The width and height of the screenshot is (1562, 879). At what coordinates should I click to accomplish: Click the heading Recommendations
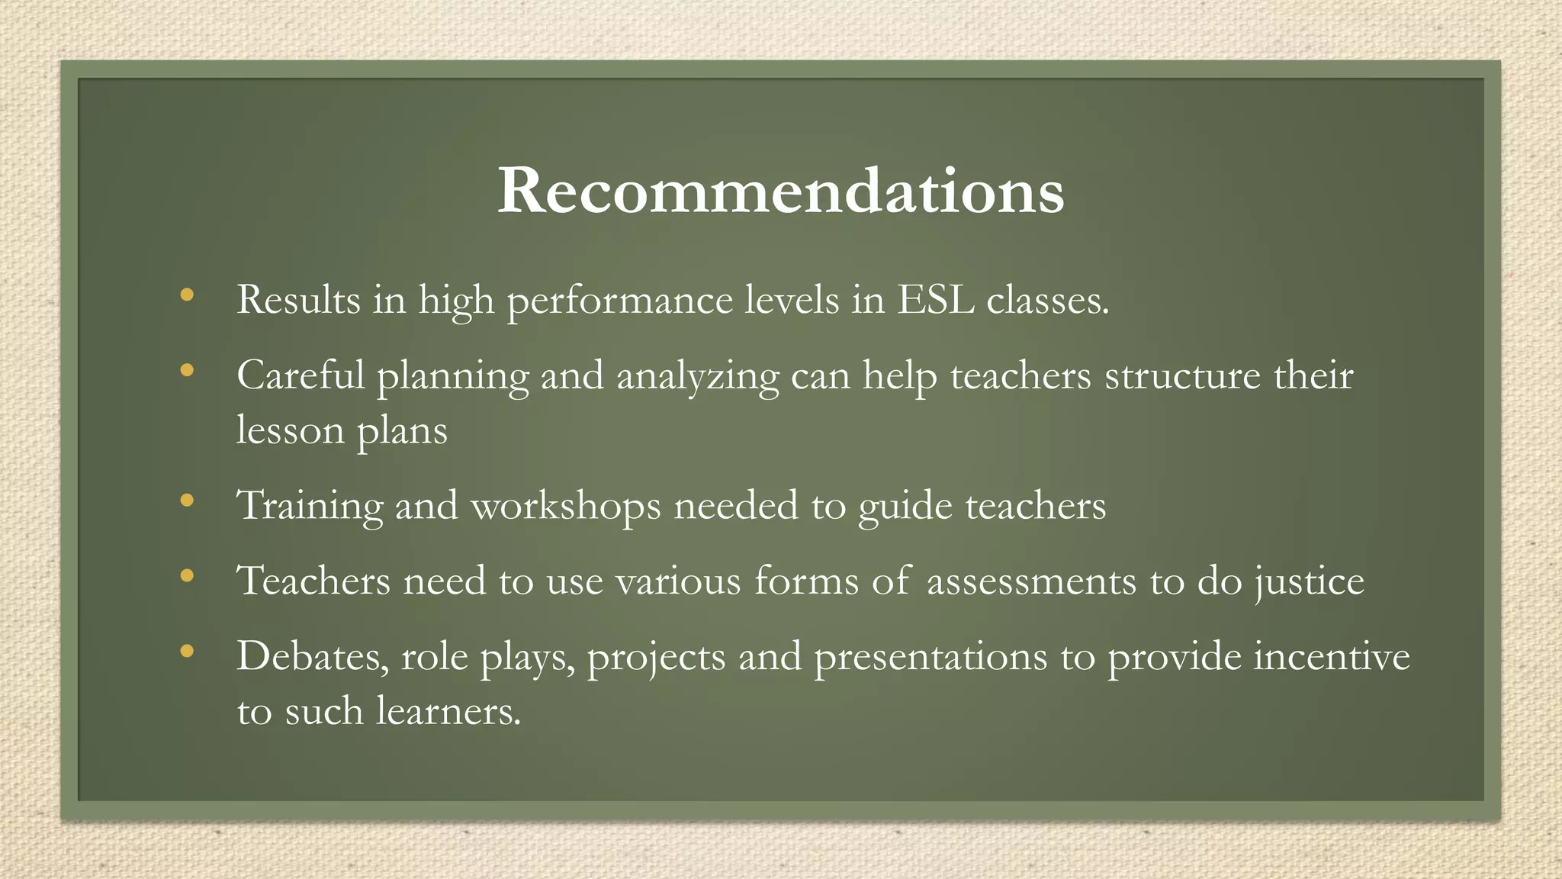[780, 191]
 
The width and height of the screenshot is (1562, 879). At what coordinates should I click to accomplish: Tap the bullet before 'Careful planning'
[187, 371]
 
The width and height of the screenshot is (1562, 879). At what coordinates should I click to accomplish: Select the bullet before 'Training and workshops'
[187, 501]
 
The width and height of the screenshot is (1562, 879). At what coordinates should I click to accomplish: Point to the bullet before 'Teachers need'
[187, 576]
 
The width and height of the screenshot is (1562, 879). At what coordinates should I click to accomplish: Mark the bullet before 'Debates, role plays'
[187, 652]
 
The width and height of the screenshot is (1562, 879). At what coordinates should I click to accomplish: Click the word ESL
[935, 299]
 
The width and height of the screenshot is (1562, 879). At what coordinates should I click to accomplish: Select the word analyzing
[697, 377]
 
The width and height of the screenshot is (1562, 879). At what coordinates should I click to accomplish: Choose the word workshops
[565, 507]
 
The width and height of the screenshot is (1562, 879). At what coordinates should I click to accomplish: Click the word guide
[905, 507]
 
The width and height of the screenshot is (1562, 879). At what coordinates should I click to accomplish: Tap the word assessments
[1031, 581]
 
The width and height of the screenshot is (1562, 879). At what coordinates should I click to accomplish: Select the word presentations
[930, 658]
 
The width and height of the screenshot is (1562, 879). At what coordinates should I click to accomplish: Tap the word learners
[448, 711]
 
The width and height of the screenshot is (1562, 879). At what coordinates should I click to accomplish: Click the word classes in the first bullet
[1047, 299]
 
